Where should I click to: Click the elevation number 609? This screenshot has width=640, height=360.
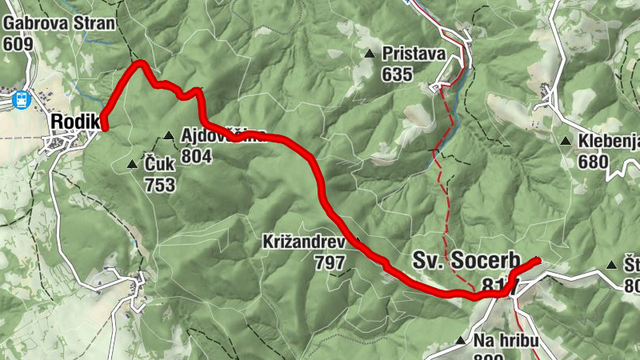tap(18, 44)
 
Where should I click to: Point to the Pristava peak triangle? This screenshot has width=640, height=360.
tap(370, 54)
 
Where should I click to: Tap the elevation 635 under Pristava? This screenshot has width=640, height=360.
tap(397, 75)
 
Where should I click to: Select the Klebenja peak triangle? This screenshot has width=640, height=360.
tap(566, 142)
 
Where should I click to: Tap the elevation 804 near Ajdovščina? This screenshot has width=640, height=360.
tap(196, 157)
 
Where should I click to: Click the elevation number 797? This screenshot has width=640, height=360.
tap(330, 262)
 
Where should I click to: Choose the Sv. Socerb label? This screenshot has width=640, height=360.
tap(466, 261)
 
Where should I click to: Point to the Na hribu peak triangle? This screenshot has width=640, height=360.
tap(460, 341)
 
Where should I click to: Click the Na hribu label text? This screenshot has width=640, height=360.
tap(505, 341)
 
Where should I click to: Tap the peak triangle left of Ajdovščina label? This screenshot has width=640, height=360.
tap(168, 135)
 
